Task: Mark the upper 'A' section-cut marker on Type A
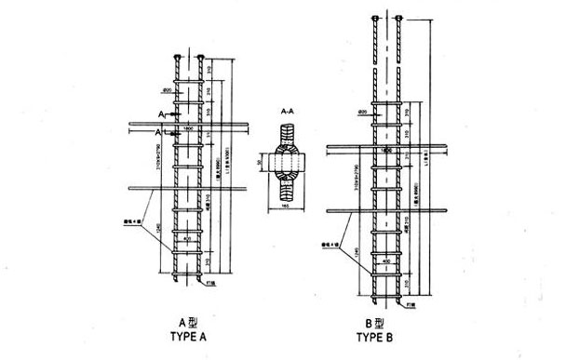click(160, 113)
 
